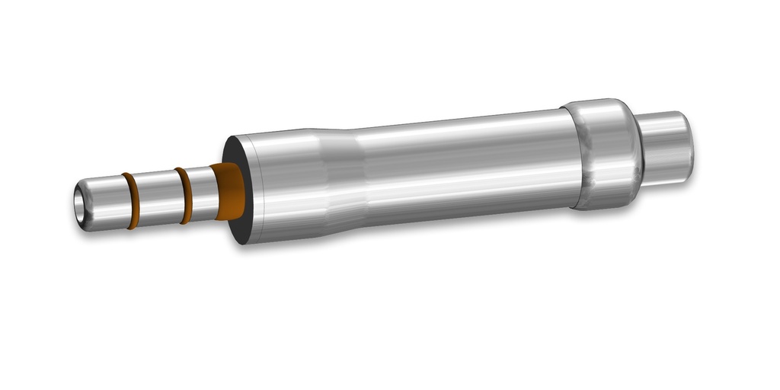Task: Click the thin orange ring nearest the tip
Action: pyautogui.click(x=130, y=200)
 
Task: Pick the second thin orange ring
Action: pyautogui.click(x=184, y=195)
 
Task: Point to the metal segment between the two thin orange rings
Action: pyautogui.click(x=156, y=197)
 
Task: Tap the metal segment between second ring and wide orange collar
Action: pyautogui.click(x=203, y=193)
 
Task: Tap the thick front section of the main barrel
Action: pyautogui.click(x=286, y=183)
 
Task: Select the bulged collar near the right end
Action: pyautogui.click(x=606, y=152)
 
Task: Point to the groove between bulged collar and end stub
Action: pyautogui.click(x=641, y=149)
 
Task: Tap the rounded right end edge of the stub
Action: pyautogui.click(x=689, y=145)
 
